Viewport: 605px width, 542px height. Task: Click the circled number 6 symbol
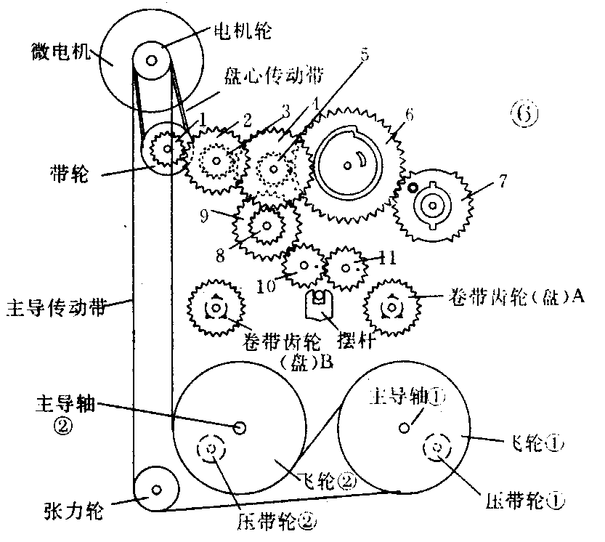(x=526, y=115)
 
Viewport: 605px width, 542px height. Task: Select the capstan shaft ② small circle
(x=240, y=428)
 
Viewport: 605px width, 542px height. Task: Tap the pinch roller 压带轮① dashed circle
(x=438, y=447)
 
